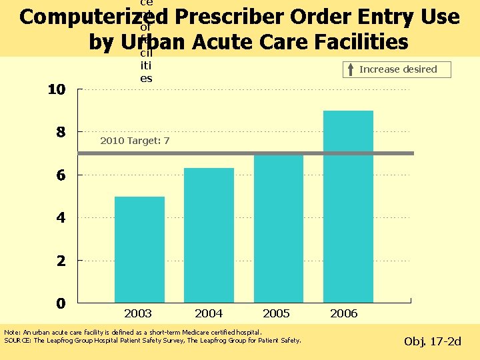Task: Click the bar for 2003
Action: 139,250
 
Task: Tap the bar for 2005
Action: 279,229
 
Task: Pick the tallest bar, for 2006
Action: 348,207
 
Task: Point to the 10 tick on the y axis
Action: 56,90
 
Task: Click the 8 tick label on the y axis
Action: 61,133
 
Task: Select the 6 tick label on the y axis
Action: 61,175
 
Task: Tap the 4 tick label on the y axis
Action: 61,218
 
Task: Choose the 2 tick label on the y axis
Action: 61,261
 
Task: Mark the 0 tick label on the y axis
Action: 61,303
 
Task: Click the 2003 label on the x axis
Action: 138,313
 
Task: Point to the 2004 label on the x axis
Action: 209,313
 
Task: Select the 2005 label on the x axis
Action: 277,313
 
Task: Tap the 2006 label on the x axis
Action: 344,313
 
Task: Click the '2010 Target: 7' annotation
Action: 135,141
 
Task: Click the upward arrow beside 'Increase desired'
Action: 351,69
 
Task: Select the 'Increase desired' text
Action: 398,69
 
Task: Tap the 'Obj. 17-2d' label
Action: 433,342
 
